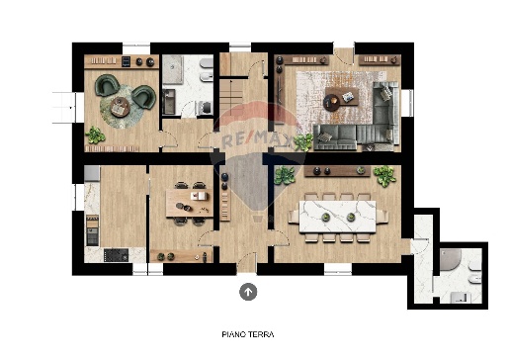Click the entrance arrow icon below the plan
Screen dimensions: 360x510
click(x=248, y=291)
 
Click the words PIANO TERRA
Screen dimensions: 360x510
click(x=248, y=334)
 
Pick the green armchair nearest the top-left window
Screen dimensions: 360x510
click(x=106, y=86)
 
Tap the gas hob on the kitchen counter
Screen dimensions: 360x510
click(x=116, y=254)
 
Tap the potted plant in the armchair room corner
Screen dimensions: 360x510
click(x=96, y=135)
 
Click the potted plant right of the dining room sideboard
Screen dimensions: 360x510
click(x=383, y=177)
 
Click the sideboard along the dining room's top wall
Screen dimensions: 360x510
click(x=336, y=170)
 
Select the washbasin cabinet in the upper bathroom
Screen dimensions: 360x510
click(x=167, y=100)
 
